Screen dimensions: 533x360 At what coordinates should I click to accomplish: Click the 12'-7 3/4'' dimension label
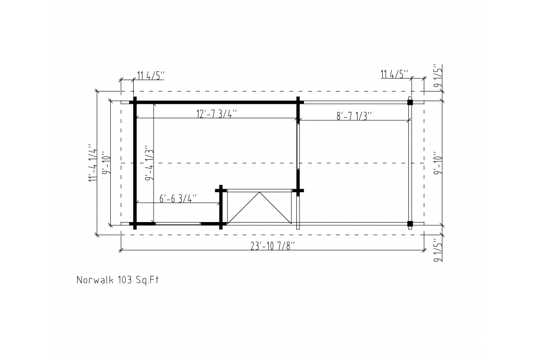click(216, 113)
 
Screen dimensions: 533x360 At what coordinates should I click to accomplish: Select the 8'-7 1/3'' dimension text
click(354, 116)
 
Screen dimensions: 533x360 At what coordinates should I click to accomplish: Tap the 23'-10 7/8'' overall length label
click(272, 246)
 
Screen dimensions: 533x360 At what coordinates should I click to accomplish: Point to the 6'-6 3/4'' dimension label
click(178, 198)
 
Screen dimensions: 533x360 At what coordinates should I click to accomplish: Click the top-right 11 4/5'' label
click(394, 74)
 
